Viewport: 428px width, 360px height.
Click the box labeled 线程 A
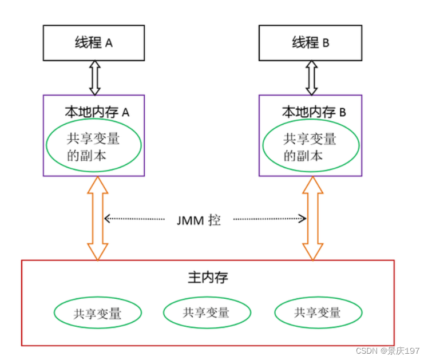coord(94,42)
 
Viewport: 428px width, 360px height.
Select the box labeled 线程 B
coord(310,42)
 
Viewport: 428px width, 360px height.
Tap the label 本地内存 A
coord(95,112)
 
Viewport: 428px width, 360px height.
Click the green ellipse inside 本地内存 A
coord(93,147)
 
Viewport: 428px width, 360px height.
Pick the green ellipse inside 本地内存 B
coord(311,147)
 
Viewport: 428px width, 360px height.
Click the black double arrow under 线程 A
coord(95,78)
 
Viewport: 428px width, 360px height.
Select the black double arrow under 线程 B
coord(311,78)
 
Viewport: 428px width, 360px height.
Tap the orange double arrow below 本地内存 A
coord(98,218)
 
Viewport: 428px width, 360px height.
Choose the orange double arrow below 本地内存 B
coord(313,218)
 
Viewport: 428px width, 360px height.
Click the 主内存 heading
coord(207,278)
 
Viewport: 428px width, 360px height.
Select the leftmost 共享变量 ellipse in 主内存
coord(97,313)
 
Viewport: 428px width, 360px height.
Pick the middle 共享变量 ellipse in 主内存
coord(207,312)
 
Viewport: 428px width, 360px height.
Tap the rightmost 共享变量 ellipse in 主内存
coord(318,312)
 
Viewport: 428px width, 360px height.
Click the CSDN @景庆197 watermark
coord(387,351)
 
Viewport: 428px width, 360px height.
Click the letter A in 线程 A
coord(110,43)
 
